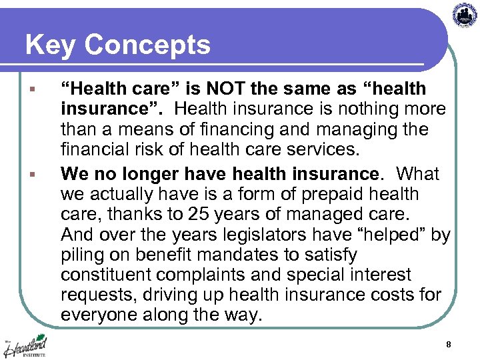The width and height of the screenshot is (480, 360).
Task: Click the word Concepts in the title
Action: (x=147, y=45)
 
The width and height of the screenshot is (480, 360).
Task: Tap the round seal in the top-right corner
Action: (x=465, y=15)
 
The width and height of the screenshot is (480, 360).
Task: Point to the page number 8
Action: (x=449, y=345)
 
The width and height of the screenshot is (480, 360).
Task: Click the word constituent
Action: (x=105, y=275)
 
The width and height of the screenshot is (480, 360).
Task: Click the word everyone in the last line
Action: (x=99, y=315)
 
